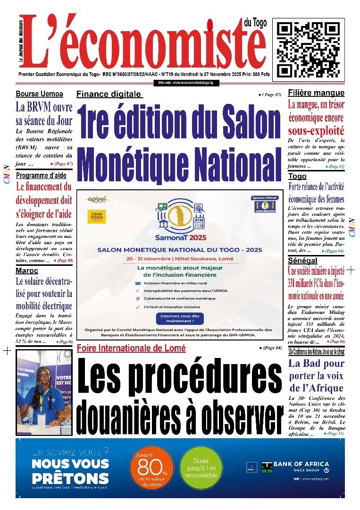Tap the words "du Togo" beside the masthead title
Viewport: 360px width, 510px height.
tap(256, 22)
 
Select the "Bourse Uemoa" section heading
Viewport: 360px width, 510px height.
tap(39, 94)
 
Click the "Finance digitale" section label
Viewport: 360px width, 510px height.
tap(109, 94)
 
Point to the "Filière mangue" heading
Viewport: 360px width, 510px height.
tap(316, 93)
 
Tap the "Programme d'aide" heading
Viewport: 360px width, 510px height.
tap(42, 176)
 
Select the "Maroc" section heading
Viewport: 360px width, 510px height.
tap(27, 271)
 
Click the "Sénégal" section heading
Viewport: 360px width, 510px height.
tap(303, 261)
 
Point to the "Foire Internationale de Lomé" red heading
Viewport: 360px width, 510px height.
tap(131, 348)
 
